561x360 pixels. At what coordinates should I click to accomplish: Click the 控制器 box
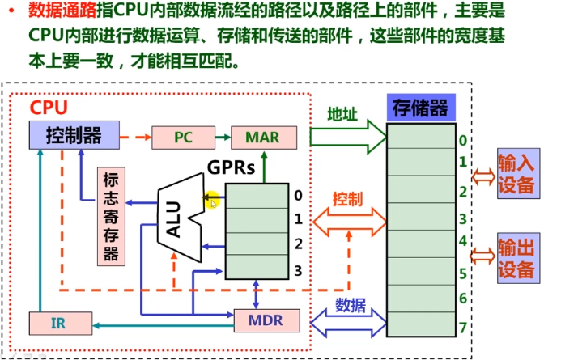(x=74, y=135)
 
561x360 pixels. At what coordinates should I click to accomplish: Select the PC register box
(x=181, y=137)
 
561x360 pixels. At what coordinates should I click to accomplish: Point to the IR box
(x=58, y=324)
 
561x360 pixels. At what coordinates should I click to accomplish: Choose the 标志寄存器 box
(x=111, y=216)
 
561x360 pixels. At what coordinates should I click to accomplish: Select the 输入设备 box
(x=516, y=175)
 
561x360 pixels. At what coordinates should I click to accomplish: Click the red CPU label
(x=49, y=108)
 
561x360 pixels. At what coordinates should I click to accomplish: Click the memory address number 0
(x=462, y=141)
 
